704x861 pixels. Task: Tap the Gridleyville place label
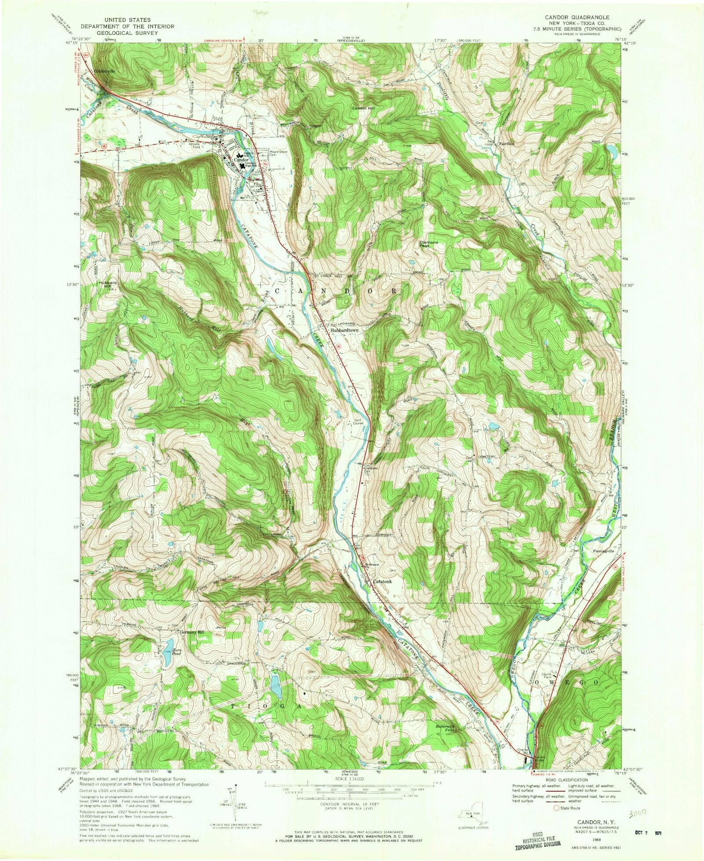coord(104,71)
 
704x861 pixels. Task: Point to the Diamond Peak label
coord(428,244)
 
